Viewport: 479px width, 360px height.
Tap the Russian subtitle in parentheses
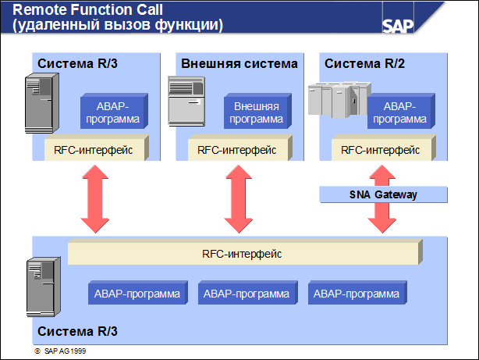point(118,26)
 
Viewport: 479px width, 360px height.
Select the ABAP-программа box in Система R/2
point(399,112)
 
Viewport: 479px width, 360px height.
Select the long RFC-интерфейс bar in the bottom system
point(243,253)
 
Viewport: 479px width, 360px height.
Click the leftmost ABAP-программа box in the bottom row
point(137,294)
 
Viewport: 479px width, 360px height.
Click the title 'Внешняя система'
point(239,63)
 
